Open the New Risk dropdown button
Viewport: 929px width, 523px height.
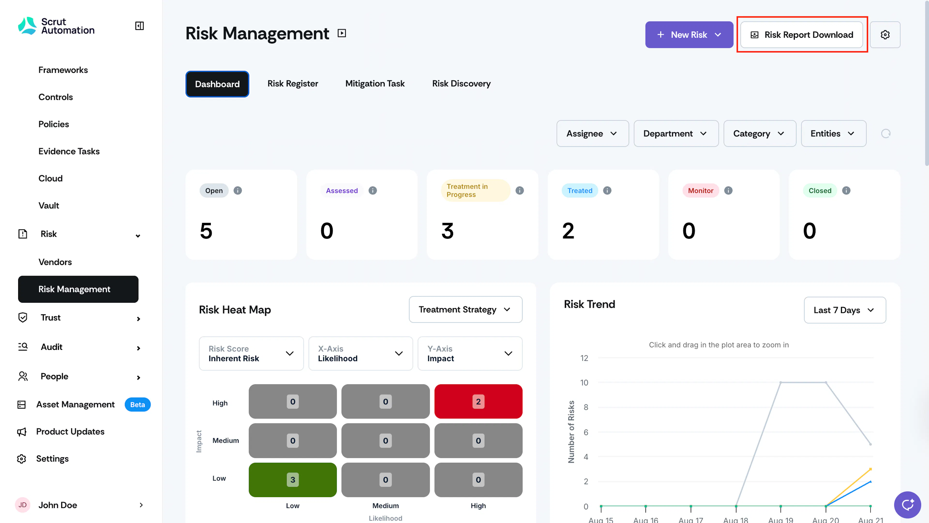point(689,35)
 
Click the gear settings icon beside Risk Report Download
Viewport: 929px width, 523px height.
point(885,35)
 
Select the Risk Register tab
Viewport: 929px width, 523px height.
point(292,84)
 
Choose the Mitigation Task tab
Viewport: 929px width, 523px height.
point(375,84)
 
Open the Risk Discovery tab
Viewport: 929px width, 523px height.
point(461,84)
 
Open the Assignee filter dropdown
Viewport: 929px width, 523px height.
point(592,133)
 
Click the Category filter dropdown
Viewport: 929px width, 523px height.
point(759,133)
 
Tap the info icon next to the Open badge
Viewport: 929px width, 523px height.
point(238,190)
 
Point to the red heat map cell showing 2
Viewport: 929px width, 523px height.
point(478,401)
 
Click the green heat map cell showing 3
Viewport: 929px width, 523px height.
point(292,479)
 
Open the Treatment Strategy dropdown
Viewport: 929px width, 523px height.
point(465,309)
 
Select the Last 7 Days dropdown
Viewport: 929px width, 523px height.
point(845,310)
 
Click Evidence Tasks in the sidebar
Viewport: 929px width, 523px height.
point(69,151)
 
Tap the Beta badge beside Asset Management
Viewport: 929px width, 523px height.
point(137,405)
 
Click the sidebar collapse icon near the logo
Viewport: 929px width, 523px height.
point(139,26)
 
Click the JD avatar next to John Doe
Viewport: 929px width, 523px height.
point(22,505)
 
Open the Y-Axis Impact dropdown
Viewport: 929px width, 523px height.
point(470,353)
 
